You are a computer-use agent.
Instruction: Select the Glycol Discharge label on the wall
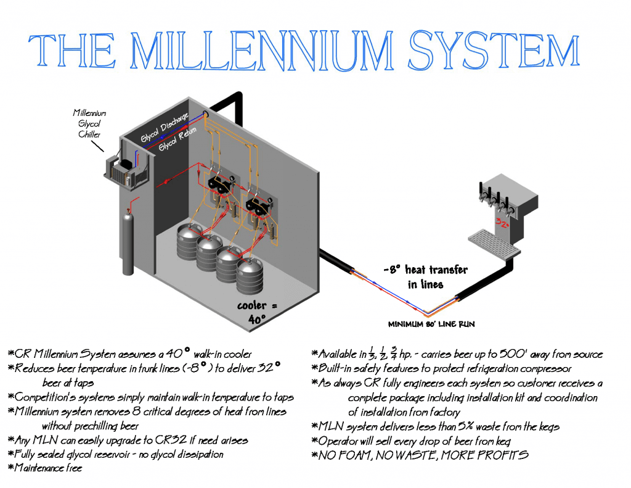point(164,126)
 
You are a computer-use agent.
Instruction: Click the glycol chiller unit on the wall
point(126,169)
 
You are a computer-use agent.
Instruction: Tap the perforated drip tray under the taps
point(493,242)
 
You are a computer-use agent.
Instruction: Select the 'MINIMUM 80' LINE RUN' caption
point(431,324)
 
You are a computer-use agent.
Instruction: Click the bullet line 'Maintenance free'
point(47,468)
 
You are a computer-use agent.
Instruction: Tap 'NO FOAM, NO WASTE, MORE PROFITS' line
point(422,455)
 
